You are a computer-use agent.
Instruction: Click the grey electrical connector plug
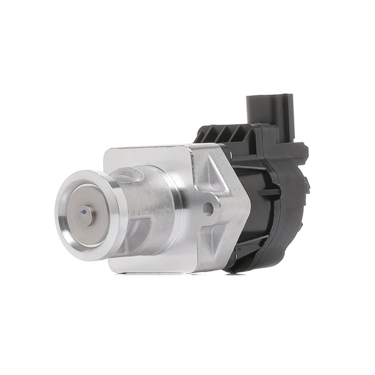tap(269, 109)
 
